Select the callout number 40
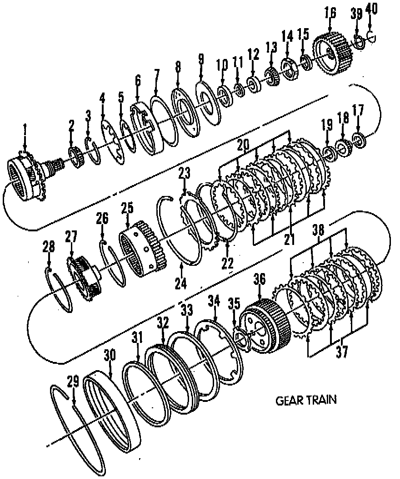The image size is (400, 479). pos(371,8)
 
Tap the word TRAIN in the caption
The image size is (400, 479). pos(321,401)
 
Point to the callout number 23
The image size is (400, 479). pos(184,173)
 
